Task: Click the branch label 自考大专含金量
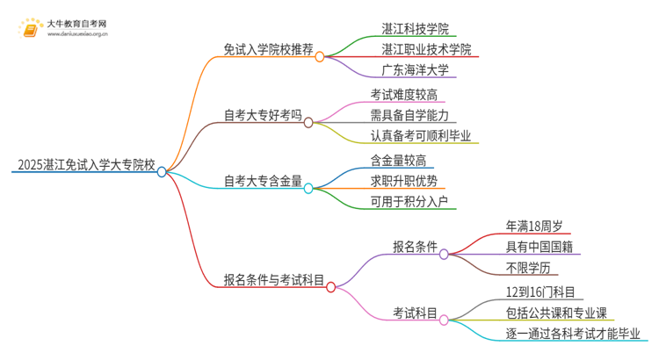tap(263, 181)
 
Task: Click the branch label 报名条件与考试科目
tap(274, 280)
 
